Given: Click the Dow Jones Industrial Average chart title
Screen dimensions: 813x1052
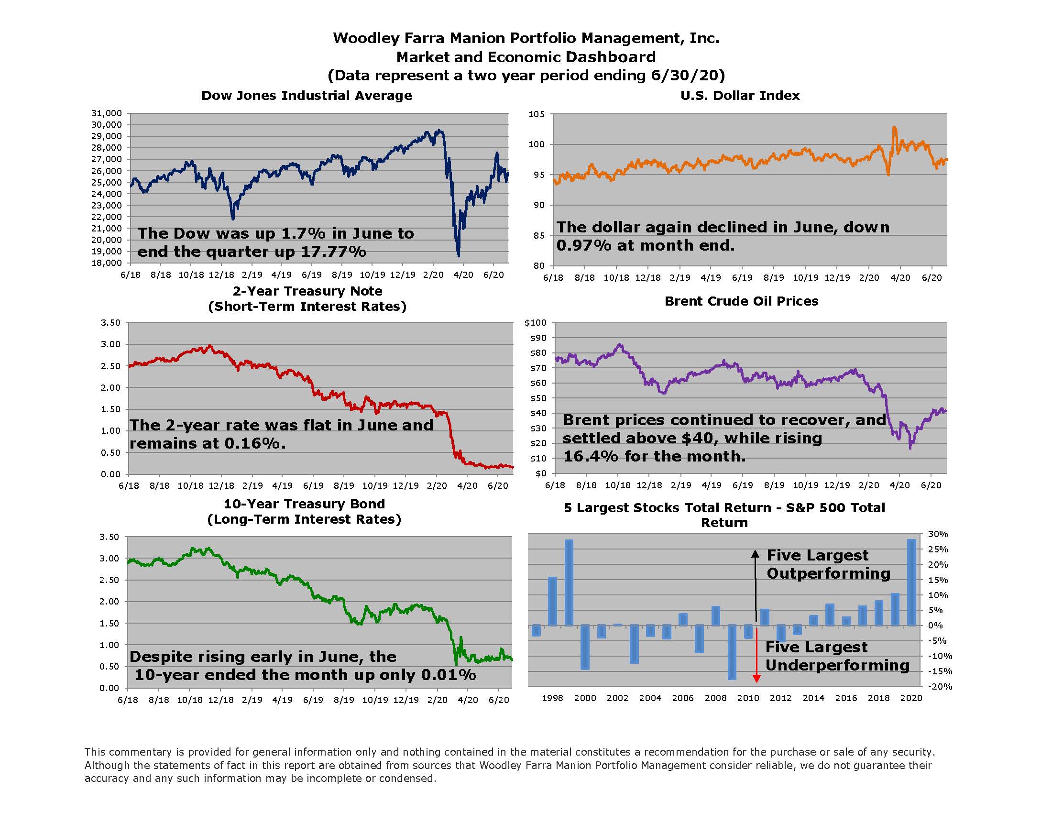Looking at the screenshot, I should pyautogui.click(x=307, y=95).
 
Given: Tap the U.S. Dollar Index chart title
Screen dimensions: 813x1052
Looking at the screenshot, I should pyautogui.click(x=740, y=95).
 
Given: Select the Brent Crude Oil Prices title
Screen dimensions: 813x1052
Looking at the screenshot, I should pyautogui.click(x=741, y=301).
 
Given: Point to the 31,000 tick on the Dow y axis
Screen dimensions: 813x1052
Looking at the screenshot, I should pyautogui.click(x=107, y=113).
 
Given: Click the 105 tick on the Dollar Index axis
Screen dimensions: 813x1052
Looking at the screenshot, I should pyautogui.click(x=537, y=114).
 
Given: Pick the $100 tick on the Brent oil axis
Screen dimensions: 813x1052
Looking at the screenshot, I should pyautogui.click(x=536, y=323).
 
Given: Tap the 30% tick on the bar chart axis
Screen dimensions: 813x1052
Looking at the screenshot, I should pyautogui.click(x=938, y=534).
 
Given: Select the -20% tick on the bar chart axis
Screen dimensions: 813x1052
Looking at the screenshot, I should pyautogui.click(x=937, y=687).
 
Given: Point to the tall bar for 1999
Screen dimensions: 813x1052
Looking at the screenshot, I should pyautogui.click(x=569, y=582).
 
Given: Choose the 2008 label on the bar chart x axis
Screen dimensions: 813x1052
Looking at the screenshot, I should pyautogui.click(x=715, y=698).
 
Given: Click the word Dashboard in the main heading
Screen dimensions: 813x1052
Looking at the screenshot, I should pyautogui.click(x=610, y=57).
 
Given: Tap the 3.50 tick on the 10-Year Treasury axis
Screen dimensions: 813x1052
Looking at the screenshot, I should pyautogui.click(x=109, y=537).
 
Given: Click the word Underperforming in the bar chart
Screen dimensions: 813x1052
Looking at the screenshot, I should pyautogui.click(x=837, y=665).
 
